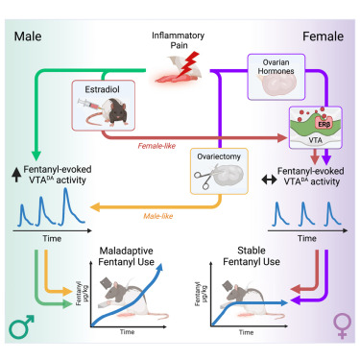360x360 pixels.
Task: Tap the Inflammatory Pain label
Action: coord(178,40)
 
